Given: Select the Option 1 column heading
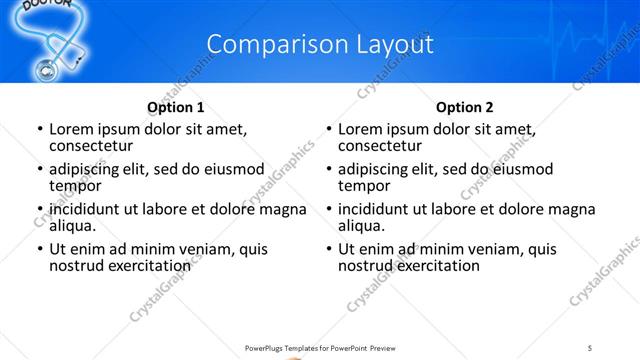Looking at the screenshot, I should coord(176,107).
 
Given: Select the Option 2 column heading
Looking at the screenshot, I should coord(465,107).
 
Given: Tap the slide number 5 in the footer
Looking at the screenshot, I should coord(590,347).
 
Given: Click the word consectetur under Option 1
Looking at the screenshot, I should coord(91,146).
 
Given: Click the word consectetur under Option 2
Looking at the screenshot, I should coord(380,146).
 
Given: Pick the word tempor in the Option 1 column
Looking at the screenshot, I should coord(75,186).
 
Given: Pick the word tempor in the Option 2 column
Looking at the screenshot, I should coord(364,186).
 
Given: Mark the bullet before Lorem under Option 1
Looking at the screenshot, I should coord(39,130).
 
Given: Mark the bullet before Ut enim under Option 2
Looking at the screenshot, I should coord(328,250).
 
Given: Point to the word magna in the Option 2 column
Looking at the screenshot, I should coord(572,210).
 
